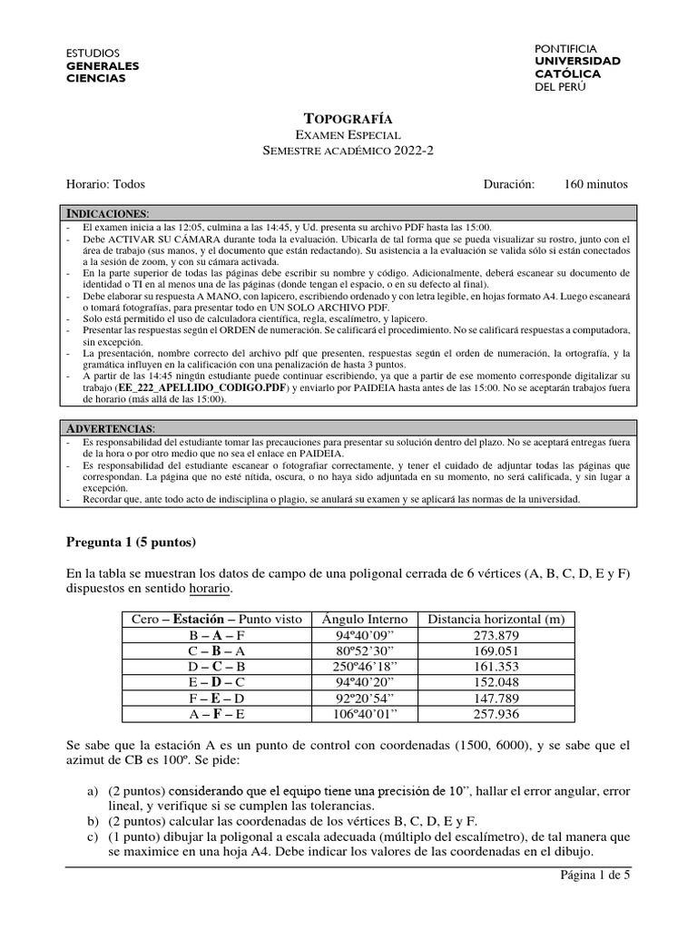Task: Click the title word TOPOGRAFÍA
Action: click(348, 119)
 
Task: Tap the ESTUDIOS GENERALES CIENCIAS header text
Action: click(103, 65)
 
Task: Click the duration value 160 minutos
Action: click(595, 183)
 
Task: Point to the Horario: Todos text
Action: click(105, 183)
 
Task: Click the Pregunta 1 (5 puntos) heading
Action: click(132, 543)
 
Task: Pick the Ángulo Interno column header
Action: click(365, 619)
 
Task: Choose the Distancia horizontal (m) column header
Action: click(496, 619)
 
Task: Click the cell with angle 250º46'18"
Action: click(365, 665)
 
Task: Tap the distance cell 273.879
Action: click(496, 634)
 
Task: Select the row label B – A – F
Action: click(215, 634)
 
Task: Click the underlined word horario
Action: click(211, 590)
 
